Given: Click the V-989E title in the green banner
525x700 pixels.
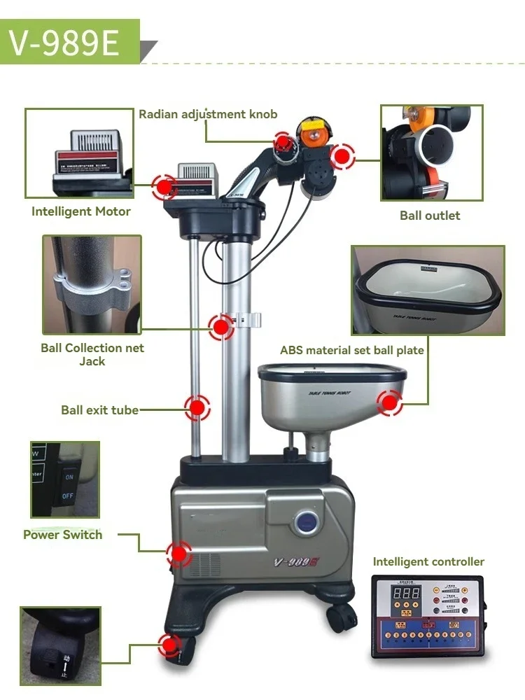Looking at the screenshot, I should click(64, 43).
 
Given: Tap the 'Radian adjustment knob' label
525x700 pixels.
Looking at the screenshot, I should click(208, 114).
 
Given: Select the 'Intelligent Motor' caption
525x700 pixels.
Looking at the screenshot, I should click(81, 211).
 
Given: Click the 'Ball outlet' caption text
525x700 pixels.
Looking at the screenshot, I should click(430, 216).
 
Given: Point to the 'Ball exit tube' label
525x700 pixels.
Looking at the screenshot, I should click(99, 410).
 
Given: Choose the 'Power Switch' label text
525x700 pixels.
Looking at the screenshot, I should click(63, 535).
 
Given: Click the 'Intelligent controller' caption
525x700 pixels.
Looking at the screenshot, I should click(428, 561).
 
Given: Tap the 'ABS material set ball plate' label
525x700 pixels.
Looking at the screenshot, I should click(352, 350).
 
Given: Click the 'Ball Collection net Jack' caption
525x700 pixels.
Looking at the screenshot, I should click(92, 354).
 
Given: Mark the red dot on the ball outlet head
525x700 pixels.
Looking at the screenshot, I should click(342, 156).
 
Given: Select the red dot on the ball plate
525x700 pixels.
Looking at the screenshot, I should click(389, 402).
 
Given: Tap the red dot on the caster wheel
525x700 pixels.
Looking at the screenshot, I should click(169, 645).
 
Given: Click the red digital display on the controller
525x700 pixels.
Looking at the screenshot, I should click(406, 593).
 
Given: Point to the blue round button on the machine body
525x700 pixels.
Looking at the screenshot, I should click(307, 521).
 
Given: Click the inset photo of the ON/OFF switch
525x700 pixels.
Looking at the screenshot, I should click(65, 479).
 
